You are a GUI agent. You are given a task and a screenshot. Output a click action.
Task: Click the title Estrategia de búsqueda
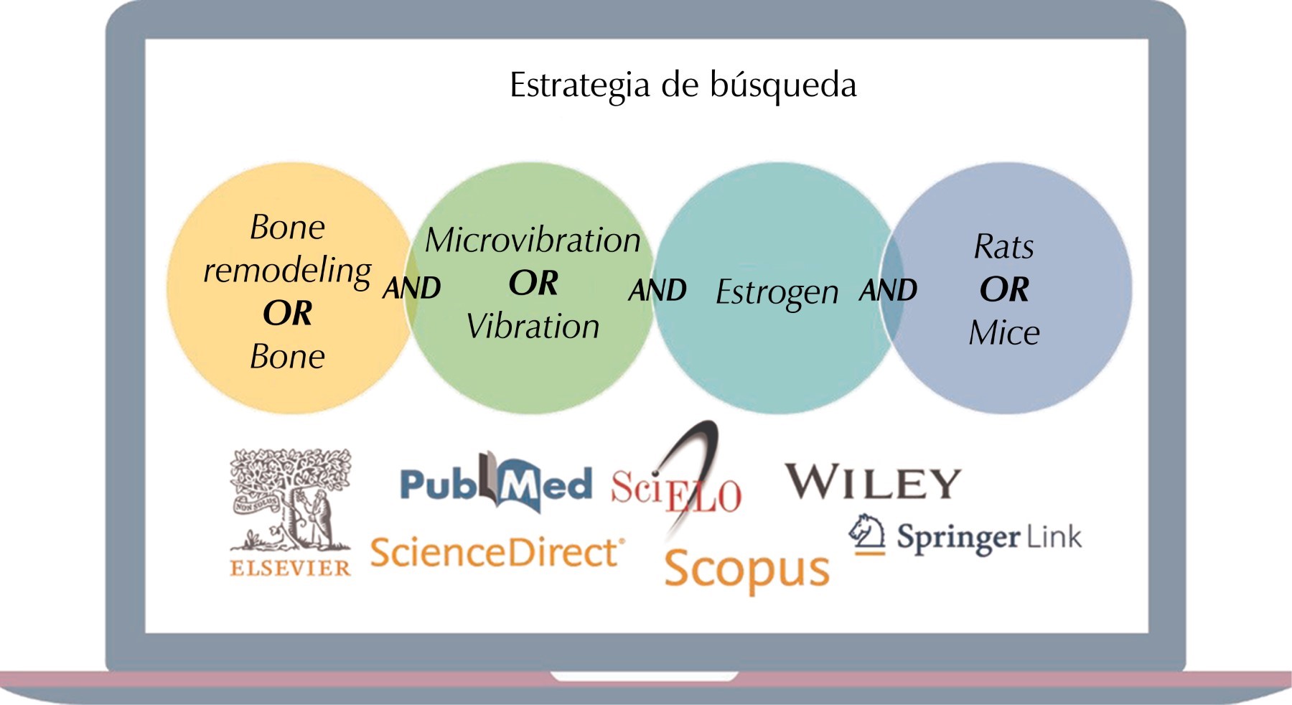click(683, 85)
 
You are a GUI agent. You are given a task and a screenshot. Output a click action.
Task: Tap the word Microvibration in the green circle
click(533, 240)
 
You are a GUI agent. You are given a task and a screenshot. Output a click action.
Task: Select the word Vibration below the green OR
click(533, 327)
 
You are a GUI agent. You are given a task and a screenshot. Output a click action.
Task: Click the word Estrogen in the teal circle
click(777, 293)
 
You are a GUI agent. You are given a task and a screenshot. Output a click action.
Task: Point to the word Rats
click(1003, 247)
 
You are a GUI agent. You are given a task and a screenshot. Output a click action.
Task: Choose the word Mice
click(1004, 332)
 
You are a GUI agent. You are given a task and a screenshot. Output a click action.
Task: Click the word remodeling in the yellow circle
click(287, 271)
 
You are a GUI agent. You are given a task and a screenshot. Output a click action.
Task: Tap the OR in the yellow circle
click(287, 313)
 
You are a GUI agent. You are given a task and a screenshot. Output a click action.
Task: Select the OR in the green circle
click(533, 283)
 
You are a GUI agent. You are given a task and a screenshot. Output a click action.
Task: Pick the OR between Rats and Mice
click(1004, 289)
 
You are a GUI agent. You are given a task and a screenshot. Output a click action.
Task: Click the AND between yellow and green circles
click(411, 288)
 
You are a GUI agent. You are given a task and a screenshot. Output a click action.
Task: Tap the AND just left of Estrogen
click(657, 291)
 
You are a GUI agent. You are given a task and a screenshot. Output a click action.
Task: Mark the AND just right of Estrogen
click(888, 291)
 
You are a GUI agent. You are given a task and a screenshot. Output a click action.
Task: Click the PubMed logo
click(496, 483)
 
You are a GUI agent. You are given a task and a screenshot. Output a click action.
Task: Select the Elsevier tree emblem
click(291, 500)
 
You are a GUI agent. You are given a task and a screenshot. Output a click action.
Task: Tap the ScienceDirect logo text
click(497, 553)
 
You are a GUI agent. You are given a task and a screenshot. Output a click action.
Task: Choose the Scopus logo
click(746, 571)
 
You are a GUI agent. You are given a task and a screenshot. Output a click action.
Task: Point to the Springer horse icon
click(866, 534)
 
